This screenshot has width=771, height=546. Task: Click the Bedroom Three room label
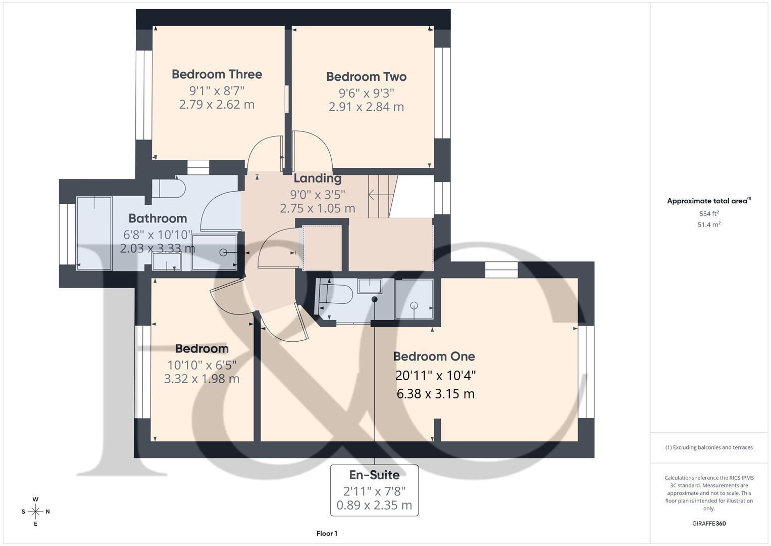pyautogui.click(x=217, y=74)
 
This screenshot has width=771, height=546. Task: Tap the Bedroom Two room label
pyautogui.click(x=366, y=77)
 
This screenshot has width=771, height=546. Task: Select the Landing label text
pyautogui.click(x=317, y=178)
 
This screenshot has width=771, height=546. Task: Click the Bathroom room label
pyautogui.click(x=158, y=218)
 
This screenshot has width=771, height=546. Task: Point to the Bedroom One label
pyautogui.click(x=434, y=356)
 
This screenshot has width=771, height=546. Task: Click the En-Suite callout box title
pyautogui.click(x=374, y=475)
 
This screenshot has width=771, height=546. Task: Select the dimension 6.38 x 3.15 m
pyautogui.click(x=435, y=394)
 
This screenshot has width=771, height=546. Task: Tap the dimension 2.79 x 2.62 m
pyautogui.click(x=217, y=105)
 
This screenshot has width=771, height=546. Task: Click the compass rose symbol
pyautogui.click(x=35, y=511)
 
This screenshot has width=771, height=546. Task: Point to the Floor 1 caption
pyautogui.click(x=327, y=533)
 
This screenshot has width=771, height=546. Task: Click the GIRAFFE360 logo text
pyautogui.click(x=708, y=523)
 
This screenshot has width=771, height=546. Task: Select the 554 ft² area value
pyautogui.click(x=708, y=214)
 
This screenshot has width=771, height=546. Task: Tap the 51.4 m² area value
pyautogui.click(x=708, y=225)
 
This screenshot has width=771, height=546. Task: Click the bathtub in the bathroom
pyautogui.click(x=94, y=233)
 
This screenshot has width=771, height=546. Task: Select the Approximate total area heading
pyautogui.click(x=708, y=201)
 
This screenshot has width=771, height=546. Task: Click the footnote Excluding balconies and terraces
pyautogui.click(x=708, y=447)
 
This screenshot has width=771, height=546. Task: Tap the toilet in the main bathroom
pyautogui.click(x=169, y=188)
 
